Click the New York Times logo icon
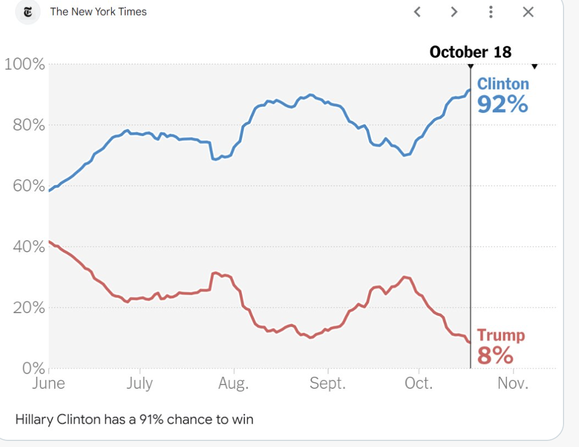[x=28, y=12]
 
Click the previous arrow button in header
[x=418, y=12]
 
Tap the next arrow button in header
[x=454, y=12]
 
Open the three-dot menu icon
[x=491, y=12]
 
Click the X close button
[x=528, y=12]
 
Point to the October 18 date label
[x=471, y=52]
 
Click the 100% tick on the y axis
[x=25, y=64]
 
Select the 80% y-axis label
[x=28, y=125]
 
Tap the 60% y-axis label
[x=28, y=186]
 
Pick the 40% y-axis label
[x=28, y=247]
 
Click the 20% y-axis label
[x=28, y=308]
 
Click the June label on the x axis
[x=49, y=383]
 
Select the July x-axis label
[x=139, y=383]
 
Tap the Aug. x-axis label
[x=234, y=383]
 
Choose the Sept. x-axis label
[x=328, y=383]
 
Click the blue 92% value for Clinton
[x=502, y=103]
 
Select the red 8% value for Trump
[x=495, y=356]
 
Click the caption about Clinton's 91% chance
[x=135, y=419]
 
